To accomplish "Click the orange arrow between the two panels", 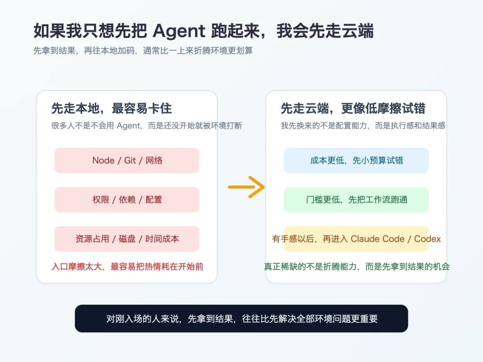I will click(246, 187).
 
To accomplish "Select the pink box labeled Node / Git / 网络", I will click(127, 160).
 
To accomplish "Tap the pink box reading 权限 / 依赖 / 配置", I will click(127, 200).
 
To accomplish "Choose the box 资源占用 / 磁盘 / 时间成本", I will click(127, 239).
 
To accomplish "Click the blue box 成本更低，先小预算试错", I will click(356, 160).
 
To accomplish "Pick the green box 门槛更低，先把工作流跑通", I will click(356, 200).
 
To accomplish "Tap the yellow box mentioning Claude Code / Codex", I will click(356, 239).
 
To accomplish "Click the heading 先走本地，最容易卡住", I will click(111, 109).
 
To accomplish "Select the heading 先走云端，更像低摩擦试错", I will click(353, 109).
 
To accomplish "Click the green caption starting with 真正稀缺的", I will click(356, 267).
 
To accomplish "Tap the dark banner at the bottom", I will click(241, 319).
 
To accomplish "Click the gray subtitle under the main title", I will click(143, 51).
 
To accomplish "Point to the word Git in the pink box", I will click(130, 160).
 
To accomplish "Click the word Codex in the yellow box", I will click(428, 239).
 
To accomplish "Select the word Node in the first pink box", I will click(103, 160).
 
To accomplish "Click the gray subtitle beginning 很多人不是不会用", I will click(147, 126).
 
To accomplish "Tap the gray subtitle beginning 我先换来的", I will click(363, 126).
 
